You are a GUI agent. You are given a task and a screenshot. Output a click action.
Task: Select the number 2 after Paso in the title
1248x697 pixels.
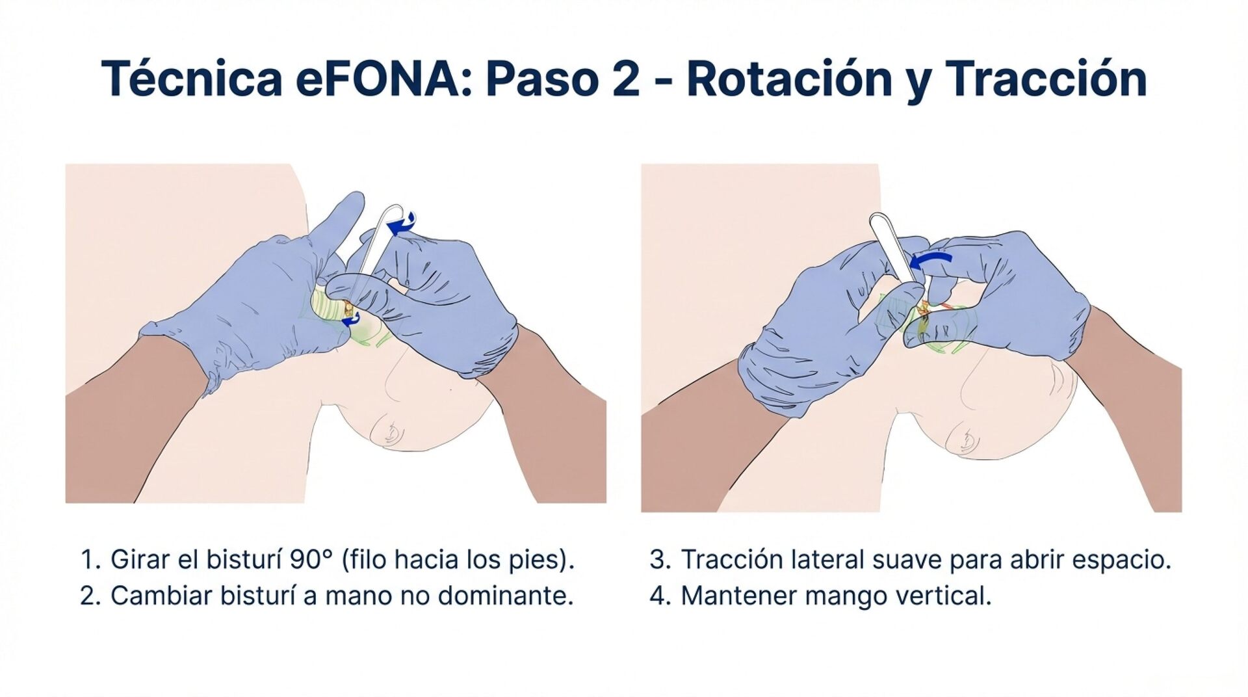(x=626, y=79)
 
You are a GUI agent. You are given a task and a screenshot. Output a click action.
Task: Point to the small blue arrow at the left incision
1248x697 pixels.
(x=351, y=318)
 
